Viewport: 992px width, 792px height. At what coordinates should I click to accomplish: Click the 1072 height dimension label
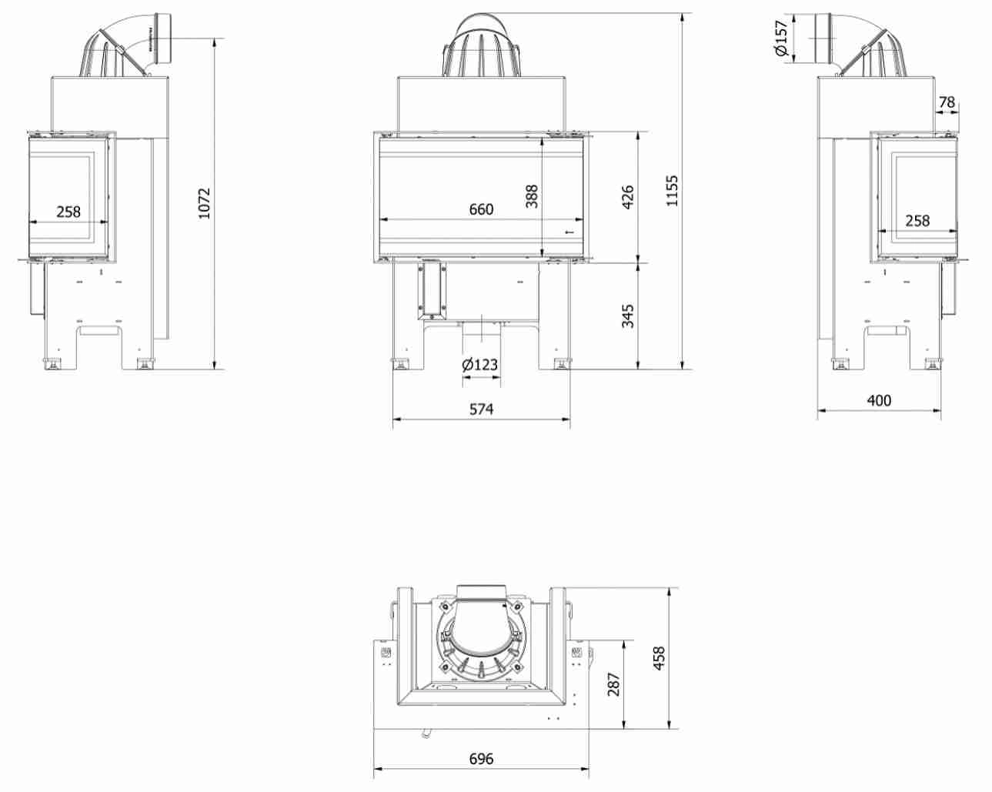point(204,203)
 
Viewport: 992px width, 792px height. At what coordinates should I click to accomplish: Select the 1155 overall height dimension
point(673,190)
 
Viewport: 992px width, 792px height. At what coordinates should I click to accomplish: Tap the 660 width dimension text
point(481,209)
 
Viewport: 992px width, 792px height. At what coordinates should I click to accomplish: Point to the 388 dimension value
point(532,196)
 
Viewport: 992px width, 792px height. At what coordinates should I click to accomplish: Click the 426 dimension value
point(628,197)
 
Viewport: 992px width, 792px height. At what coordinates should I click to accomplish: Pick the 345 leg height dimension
point(628,316)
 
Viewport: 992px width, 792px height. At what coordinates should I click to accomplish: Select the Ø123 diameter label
point(480,365)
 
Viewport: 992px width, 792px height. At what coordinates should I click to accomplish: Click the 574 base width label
point(481,409)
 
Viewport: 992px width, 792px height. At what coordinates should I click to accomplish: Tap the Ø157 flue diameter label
point(782,38)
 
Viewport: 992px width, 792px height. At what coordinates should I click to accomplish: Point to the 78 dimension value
point(947,102)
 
